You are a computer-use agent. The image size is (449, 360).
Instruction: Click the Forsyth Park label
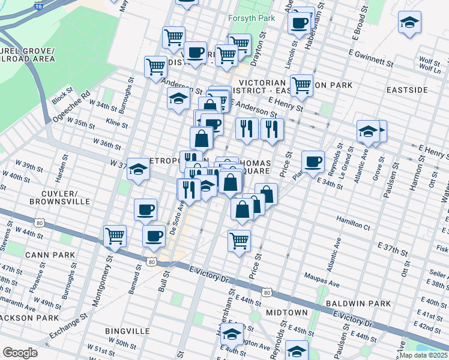pyautogui.click(x=252, y=18)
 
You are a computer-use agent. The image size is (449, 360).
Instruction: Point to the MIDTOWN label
pyautogui.click(x=287, y=313)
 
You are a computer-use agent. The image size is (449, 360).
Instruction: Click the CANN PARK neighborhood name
pyautogui.click(x=50, y=255)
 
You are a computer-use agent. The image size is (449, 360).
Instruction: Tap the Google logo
pyautogui.click(x=20, y=353)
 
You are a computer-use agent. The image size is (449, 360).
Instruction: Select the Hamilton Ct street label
pyautogui.click(x=354, y=223)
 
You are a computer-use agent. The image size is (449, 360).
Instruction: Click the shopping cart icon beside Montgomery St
pyautogui.click(x=115, y=235)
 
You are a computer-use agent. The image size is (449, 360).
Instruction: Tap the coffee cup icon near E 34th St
pyautogui.click(x=313, y=161)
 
